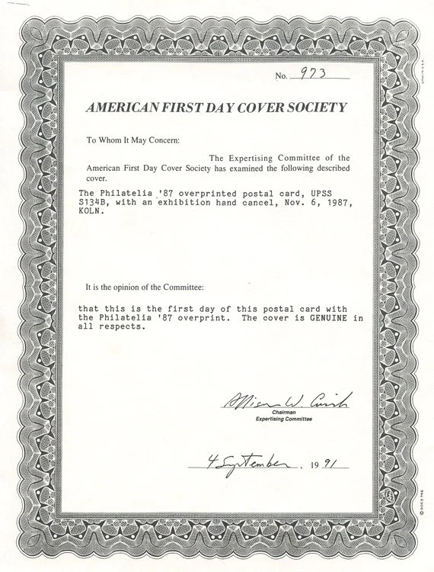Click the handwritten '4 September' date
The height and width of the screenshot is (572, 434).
[238, 462]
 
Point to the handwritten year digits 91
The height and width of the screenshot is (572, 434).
[330, 462]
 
